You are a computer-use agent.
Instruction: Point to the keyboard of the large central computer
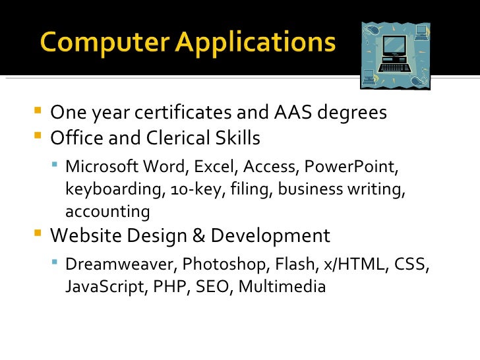click(395, 66)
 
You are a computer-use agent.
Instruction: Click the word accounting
click(107, 212)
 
